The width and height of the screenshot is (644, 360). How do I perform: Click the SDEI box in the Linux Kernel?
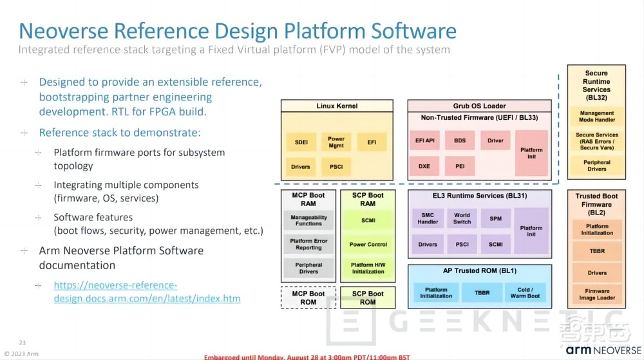(x=301, y=142)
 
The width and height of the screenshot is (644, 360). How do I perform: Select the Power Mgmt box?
(x=336, y=142)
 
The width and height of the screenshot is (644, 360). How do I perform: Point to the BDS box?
(x=460, y=140)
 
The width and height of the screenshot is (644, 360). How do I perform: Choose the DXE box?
(x=424, y=166)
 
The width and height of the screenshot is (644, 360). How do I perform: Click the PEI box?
(x=460, y=166)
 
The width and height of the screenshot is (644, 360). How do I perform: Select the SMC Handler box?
(x=428, y=218)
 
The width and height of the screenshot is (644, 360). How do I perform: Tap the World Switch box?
(x=462, y=218)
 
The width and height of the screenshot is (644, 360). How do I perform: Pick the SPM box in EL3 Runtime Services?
(x=495, y=218)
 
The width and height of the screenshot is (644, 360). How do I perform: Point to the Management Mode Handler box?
(x=596, y=116)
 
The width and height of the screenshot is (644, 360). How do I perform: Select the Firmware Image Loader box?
(x=596, y=295)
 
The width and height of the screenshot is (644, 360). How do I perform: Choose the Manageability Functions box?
(x=308, y=220)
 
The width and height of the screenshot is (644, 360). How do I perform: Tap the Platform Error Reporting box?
(x=308, y=244)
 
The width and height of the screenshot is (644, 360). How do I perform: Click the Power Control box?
(x=368, y=244)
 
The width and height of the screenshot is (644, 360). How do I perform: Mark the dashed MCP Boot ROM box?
(x=308, y=298)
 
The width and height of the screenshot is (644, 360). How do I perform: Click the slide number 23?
(x=22, y=343)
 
